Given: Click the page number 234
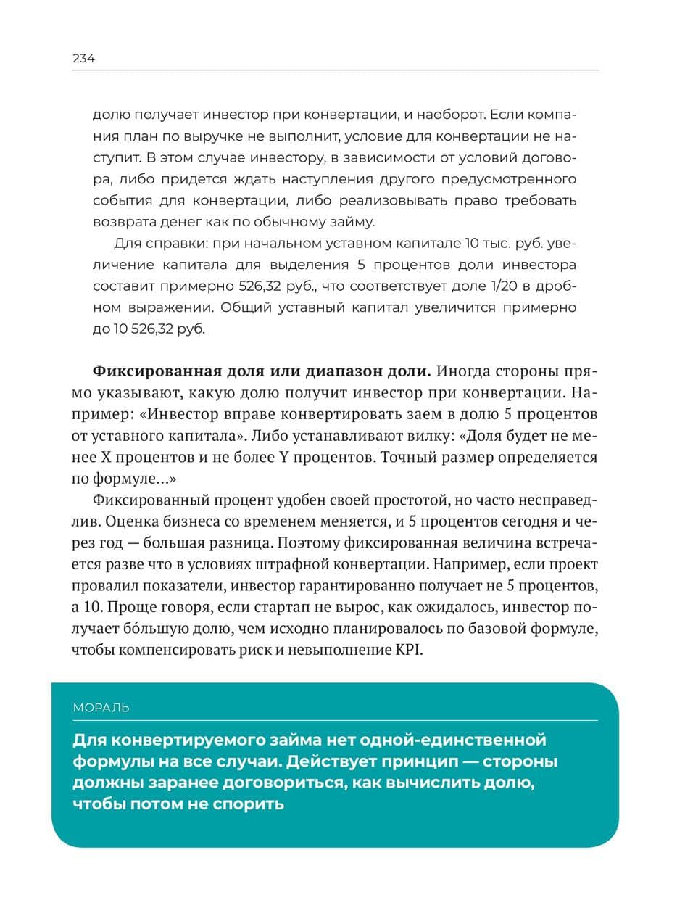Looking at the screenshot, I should coord(83,59).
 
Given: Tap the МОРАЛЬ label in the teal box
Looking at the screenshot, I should coord(101,708).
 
